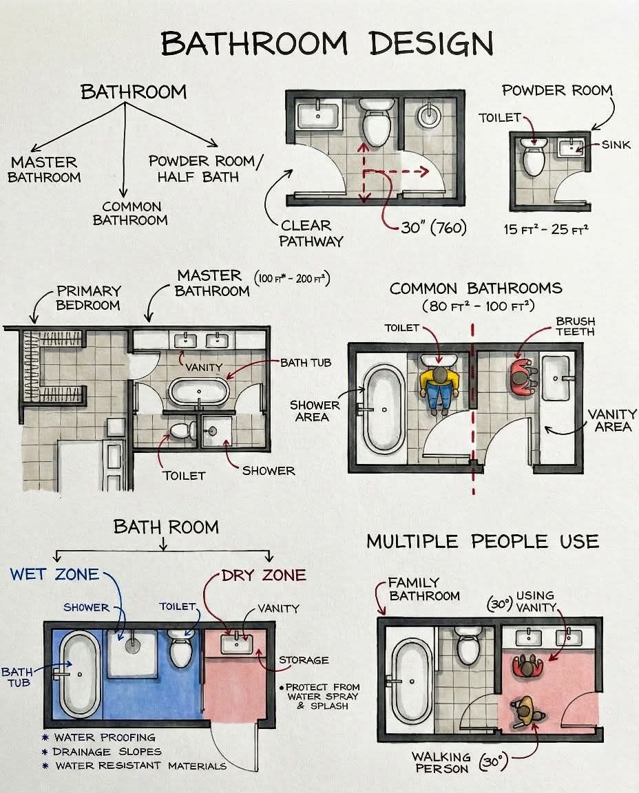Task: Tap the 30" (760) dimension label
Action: (x=434, y=228)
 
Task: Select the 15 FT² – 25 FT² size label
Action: (x=546, y=229)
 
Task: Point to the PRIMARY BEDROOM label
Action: (x=88, y=298)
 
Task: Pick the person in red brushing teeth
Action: (x=523, y=377)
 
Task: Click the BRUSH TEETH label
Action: (x=575, y=327)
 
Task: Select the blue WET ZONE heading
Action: (x=54, y=575)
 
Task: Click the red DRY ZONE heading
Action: (x=264, y=575)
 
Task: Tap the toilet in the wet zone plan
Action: (x=180, y=649)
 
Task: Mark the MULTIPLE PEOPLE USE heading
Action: (x=483, y=542)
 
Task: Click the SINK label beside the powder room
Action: (x=616, y=145)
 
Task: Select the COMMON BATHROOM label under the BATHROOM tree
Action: (x=130, y=213)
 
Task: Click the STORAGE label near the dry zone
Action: (x=304, y=660)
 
